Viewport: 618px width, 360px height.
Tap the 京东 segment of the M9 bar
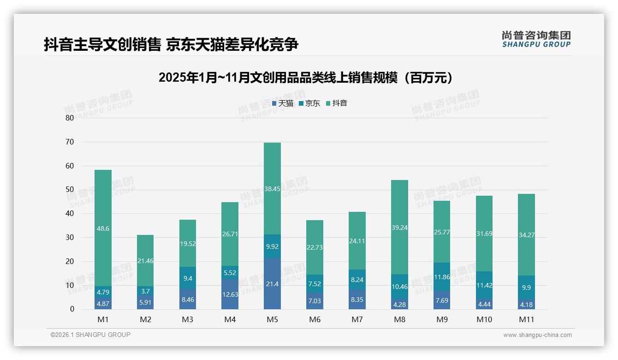point(442,276)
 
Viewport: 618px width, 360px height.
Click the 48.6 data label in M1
point(103,228)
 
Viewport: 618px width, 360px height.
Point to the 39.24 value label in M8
point(399,228)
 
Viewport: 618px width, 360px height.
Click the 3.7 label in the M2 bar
point(145,291)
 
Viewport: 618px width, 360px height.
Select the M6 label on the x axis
point(315,319)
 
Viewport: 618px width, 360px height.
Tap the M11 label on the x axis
point(526,319)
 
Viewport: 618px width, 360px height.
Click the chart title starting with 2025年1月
point(305,78)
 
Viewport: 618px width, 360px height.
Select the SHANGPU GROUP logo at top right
point(536,39)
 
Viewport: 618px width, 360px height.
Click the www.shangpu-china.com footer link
point(537,335)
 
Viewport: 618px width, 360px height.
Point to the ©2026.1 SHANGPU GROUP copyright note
point(90,335)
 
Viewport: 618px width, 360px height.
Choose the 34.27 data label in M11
point(526,235)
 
